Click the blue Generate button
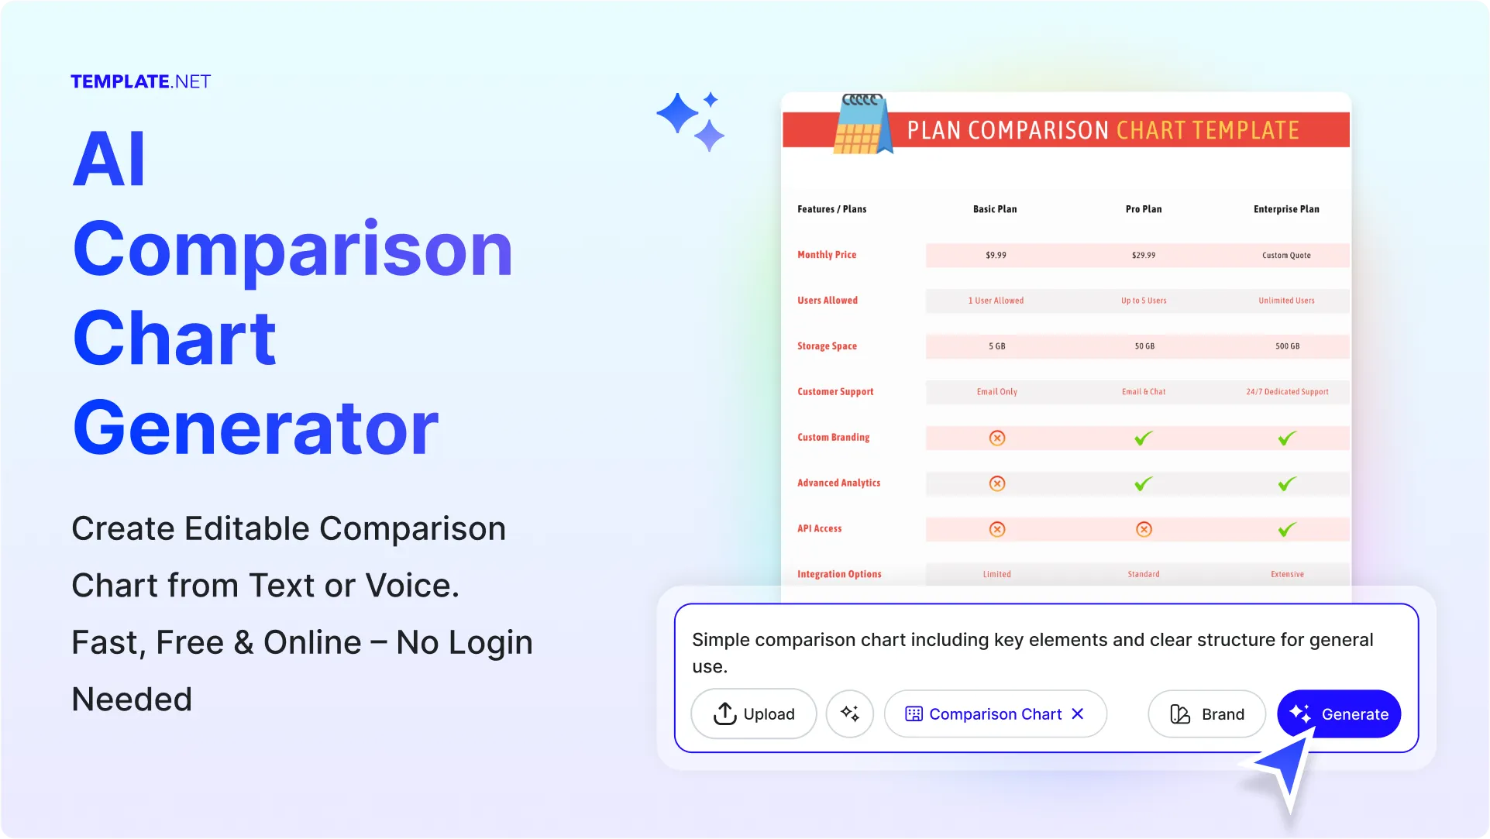coord(1338,713)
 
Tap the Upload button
coord(753,713)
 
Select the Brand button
coord(1206,713)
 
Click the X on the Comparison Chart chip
coord(1077,713)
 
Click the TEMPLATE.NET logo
coord(140,81)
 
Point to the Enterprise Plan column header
coord(1286,209)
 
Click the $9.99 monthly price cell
coord(996,255)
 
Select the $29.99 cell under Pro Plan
coord(1144,255)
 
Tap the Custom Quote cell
coord(1286,255)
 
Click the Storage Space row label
coord(827,346)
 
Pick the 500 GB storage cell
coord(1287,346)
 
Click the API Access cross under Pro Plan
coord(1144,529)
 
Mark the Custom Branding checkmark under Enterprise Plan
coord(1287,438)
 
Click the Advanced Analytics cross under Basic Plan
coord(997,483)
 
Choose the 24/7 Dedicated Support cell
coord(1287,392)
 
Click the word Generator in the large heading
coord(256,428)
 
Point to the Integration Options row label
coord(839,574)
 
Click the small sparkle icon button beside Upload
coord(849,713)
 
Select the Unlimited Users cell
coord(1286,301)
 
